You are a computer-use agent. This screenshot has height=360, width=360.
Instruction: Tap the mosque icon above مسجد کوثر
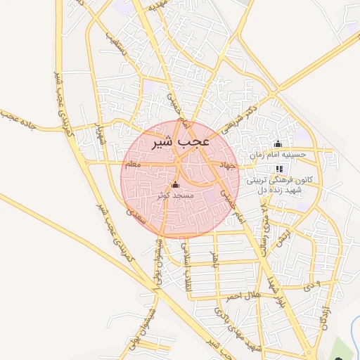point(174,185)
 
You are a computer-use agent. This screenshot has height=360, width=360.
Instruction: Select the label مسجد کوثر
point(174,195)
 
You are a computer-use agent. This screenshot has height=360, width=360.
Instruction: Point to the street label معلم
point(131,165)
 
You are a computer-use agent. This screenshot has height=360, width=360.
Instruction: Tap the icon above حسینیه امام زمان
point(278,144)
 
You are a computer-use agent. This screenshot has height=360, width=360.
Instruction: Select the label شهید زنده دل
point(278,190)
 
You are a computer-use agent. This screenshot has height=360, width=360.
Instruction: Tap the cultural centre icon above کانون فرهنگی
point(279,169)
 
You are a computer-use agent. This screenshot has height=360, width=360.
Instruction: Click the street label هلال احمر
point(242,293)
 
